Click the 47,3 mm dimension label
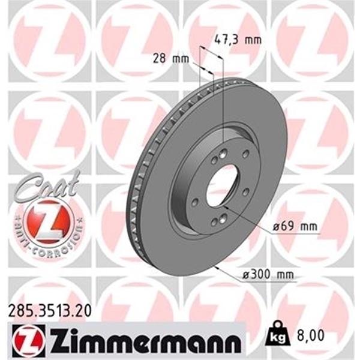(238, 41)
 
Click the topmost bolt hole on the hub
(223, 152)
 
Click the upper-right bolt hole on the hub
(245, 155)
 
